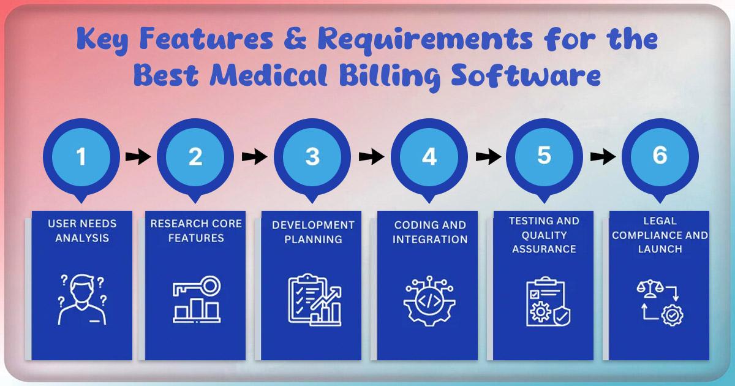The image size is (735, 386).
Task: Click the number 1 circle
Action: (x=81, y=157)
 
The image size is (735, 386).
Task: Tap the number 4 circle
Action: (x=429, y=157)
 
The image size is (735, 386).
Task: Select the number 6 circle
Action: (x=660, y=156)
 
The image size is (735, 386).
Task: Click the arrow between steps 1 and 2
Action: (x=138, y=157)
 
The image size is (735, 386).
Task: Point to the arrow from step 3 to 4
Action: (x=371, y=157)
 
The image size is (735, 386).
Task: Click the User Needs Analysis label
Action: (x=82, y=230)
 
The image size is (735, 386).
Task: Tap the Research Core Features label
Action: (x=196, y=230)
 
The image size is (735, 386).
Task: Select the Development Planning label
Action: (x=313, y=232)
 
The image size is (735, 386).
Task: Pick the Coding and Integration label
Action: (x=429, y=232)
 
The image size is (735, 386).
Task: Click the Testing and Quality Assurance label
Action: (x=544, y=235)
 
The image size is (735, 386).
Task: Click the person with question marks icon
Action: (x=82, y=300)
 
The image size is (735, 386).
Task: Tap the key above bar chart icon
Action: (x=197, y=300)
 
